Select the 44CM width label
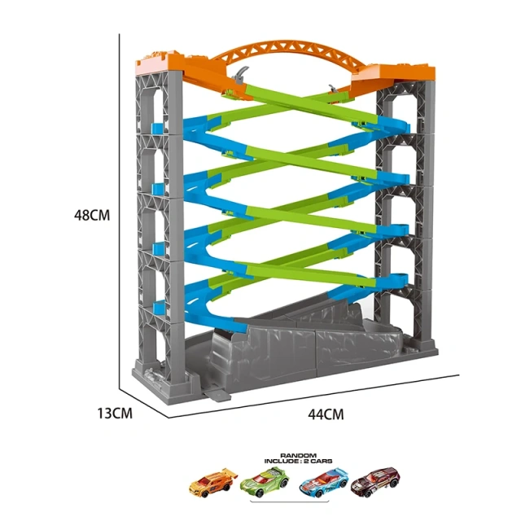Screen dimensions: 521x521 [326, 414]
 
